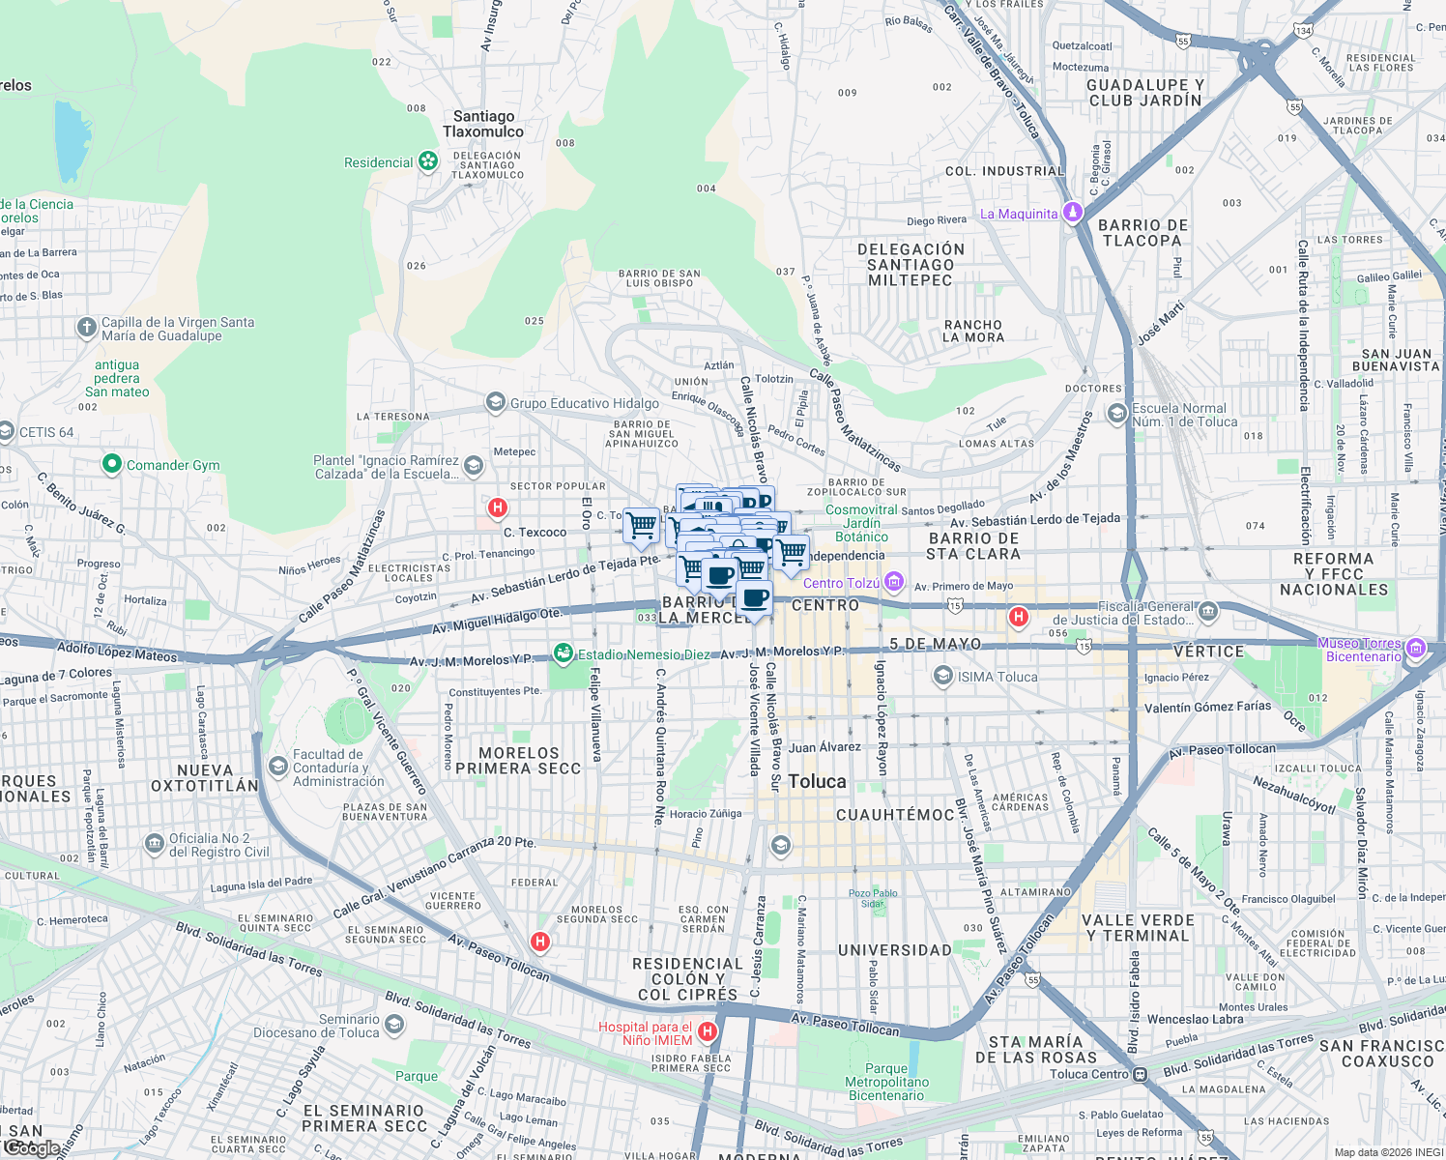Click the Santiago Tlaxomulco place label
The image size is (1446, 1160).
[483, 124]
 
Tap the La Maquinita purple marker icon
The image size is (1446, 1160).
[1072, 213]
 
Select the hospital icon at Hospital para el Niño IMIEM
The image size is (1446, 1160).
[708, 1032]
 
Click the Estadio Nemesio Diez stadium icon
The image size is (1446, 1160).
[563, 654]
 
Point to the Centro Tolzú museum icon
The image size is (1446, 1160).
[894, 582]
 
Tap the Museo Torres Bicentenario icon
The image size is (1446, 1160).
[1416, 649]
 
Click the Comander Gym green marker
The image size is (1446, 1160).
[111, 465]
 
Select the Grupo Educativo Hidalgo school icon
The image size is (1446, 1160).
[496, 402]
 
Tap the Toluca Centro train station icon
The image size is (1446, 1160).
[1141, 1074]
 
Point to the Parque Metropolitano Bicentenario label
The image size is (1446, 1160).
[886, 1082]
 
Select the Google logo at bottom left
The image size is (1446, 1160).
[32, 1147]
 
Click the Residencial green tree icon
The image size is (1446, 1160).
[428, 161]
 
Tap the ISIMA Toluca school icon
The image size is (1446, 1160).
[943, 677]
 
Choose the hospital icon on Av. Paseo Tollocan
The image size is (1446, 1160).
[540, 941]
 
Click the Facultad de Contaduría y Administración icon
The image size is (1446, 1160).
[278, 767]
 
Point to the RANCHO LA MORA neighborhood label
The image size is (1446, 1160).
[973, 332]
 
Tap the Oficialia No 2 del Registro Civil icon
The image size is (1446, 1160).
[155, 844]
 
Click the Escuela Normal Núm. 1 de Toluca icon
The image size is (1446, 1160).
[1117, 415]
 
